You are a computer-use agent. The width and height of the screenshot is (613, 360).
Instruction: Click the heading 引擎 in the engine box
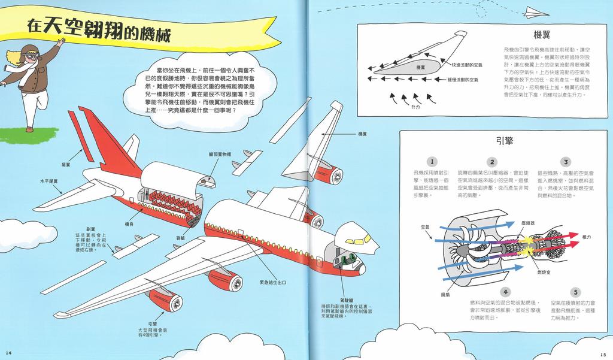[505, 141]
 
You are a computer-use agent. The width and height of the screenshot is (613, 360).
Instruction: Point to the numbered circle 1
[432, 162]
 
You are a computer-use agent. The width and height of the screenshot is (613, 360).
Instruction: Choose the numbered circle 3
[565, 162]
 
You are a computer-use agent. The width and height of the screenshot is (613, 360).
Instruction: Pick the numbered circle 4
[506, 292]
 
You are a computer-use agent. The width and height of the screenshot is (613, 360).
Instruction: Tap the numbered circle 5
[575, 292]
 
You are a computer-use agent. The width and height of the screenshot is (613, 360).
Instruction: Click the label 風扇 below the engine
[445, 295]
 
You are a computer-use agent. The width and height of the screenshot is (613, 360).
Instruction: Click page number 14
[8, 350]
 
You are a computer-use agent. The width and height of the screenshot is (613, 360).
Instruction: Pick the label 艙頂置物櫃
[220, 154]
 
